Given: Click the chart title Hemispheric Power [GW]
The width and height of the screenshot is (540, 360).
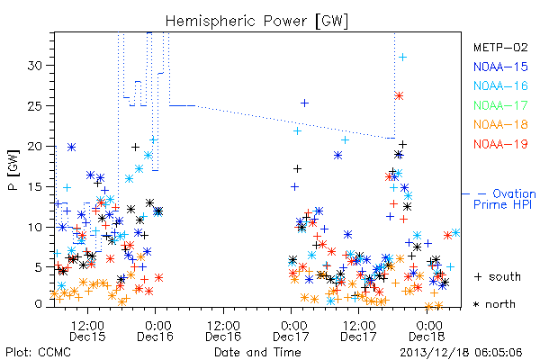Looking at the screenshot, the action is pos(256,22).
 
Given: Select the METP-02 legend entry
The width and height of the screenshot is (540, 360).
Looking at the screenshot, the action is pos(500,47).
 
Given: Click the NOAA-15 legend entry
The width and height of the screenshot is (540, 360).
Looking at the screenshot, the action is pos(500,67).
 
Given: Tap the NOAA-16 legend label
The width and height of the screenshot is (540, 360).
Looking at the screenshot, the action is pos(500,85).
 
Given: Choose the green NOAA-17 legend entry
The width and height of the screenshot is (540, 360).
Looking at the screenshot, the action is pos(500,105).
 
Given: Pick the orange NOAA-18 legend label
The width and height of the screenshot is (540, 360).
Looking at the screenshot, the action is pos(500,124).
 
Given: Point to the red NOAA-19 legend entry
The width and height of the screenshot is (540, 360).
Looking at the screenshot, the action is pos(500,144).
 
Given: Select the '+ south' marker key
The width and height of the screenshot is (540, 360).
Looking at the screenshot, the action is pos(498,276).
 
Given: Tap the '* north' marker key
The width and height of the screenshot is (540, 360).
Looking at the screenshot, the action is pos(494,304).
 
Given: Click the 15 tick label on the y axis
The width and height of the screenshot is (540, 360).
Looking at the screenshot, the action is pos(36,186).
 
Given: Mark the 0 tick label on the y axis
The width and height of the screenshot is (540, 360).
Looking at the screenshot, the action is pos(39,304).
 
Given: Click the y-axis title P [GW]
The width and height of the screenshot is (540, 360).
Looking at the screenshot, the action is pos(14,170).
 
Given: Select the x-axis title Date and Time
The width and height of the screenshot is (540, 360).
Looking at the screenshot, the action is pos(257,352).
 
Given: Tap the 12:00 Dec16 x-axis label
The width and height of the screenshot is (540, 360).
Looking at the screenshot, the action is pos(223,331).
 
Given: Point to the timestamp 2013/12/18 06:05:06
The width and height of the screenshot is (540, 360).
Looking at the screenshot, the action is pos(461,353).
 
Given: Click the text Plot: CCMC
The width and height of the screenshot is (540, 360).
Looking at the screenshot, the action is pos(38,352).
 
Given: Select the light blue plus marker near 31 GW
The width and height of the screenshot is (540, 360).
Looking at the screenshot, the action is pos(402,58).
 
